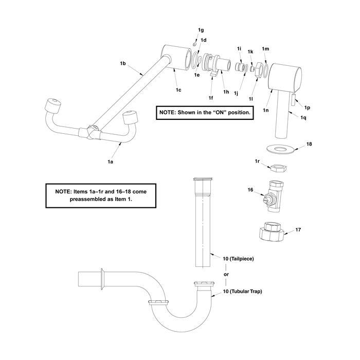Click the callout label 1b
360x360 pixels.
click(x=123, y=63)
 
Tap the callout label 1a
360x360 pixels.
click(x=110, y=161)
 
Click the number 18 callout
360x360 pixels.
click(x=309, y=144)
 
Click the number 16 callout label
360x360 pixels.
click(x=251, y=190)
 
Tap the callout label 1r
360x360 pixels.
click(x=258, y=162)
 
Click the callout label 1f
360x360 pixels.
click(x=210, y=98)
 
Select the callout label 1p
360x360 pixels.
click(x=307, y=107)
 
